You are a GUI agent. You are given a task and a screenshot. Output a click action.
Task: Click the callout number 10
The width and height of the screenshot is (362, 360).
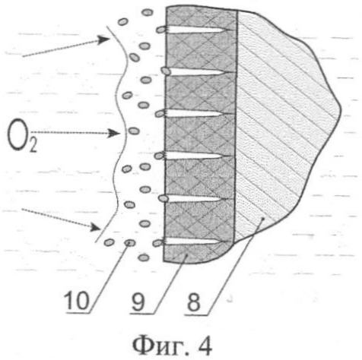[x=77, y=300]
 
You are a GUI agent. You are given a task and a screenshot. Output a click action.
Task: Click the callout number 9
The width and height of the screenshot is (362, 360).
[x=138, y=302]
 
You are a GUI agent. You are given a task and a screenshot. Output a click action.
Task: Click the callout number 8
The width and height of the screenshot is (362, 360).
[x=194, y=302]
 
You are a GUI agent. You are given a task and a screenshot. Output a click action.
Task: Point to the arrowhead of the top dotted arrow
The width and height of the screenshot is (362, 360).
[x=104, y=39]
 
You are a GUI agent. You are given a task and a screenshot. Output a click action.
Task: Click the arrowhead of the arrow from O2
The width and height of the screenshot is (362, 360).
[x=113, y=133]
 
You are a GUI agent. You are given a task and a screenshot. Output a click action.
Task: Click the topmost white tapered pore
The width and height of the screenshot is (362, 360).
[x=197, y=30]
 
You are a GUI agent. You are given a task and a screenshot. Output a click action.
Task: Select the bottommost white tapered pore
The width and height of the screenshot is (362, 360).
[x=194, y=242]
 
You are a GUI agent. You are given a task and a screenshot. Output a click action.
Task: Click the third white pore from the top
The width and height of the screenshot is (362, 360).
[x=194, y=114]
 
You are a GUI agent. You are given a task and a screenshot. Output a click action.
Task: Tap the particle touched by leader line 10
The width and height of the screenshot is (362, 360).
[x=129, y=243]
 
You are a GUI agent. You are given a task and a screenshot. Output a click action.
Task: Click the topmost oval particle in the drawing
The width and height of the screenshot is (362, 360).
[x=147, y=12]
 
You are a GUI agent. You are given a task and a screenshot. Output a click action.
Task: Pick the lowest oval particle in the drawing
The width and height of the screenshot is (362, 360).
[x=144, y=257]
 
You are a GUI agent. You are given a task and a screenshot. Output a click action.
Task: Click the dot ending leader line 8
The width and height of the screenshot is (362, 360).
[x=264, y=218]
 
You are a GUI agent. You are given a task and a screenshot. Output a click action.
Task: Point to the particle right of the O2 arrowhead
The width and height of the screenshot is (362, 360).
[x=134, y=131]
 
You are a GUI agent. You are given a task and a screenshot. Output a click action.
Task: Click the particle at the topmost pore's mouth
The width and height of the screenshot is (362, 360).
[x=160, y=30]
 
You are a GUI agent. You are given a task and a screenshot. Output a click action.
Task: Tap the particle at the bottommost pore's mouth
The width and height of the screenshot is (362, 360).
[x=157, y=243]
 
